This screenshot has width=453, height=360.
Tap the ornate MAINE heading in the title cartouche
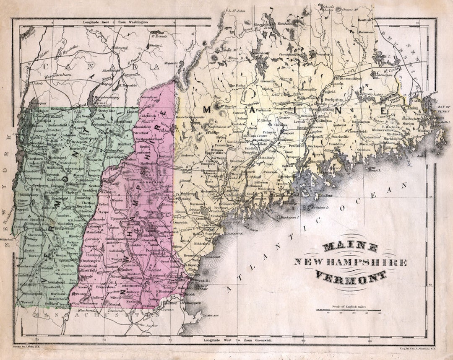pyautogui.click(x=351, y=248)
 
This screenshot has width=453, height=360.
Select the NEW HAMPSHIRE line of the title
pyautogui.click(x=351, y=262)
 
